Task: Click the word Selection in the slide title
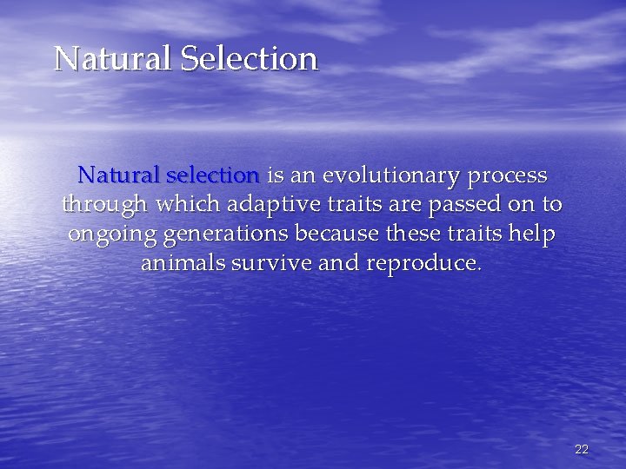click(x=250, y=59)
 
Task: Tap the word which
click(x=190, y=205)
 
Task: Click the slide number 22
click(x=582, y=449)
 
